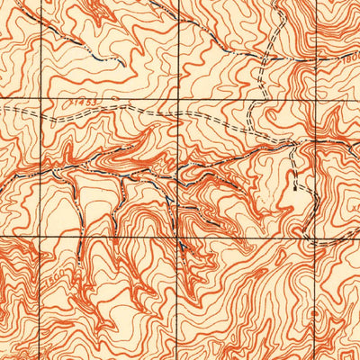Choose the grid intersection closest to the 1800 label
click(317, 97)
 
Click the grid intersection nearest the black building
click(317, 236)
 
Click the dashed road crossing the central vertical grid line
click(178, 116)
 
